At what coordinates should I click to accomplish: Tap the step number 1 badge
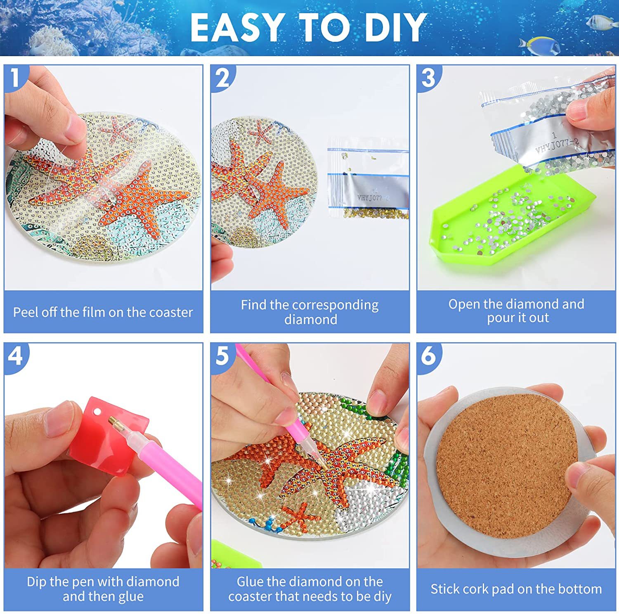15,78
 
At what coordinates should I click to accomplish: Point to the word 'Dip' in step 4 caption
36,582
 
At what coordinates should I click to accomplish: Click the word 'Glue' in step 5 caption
250,582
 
